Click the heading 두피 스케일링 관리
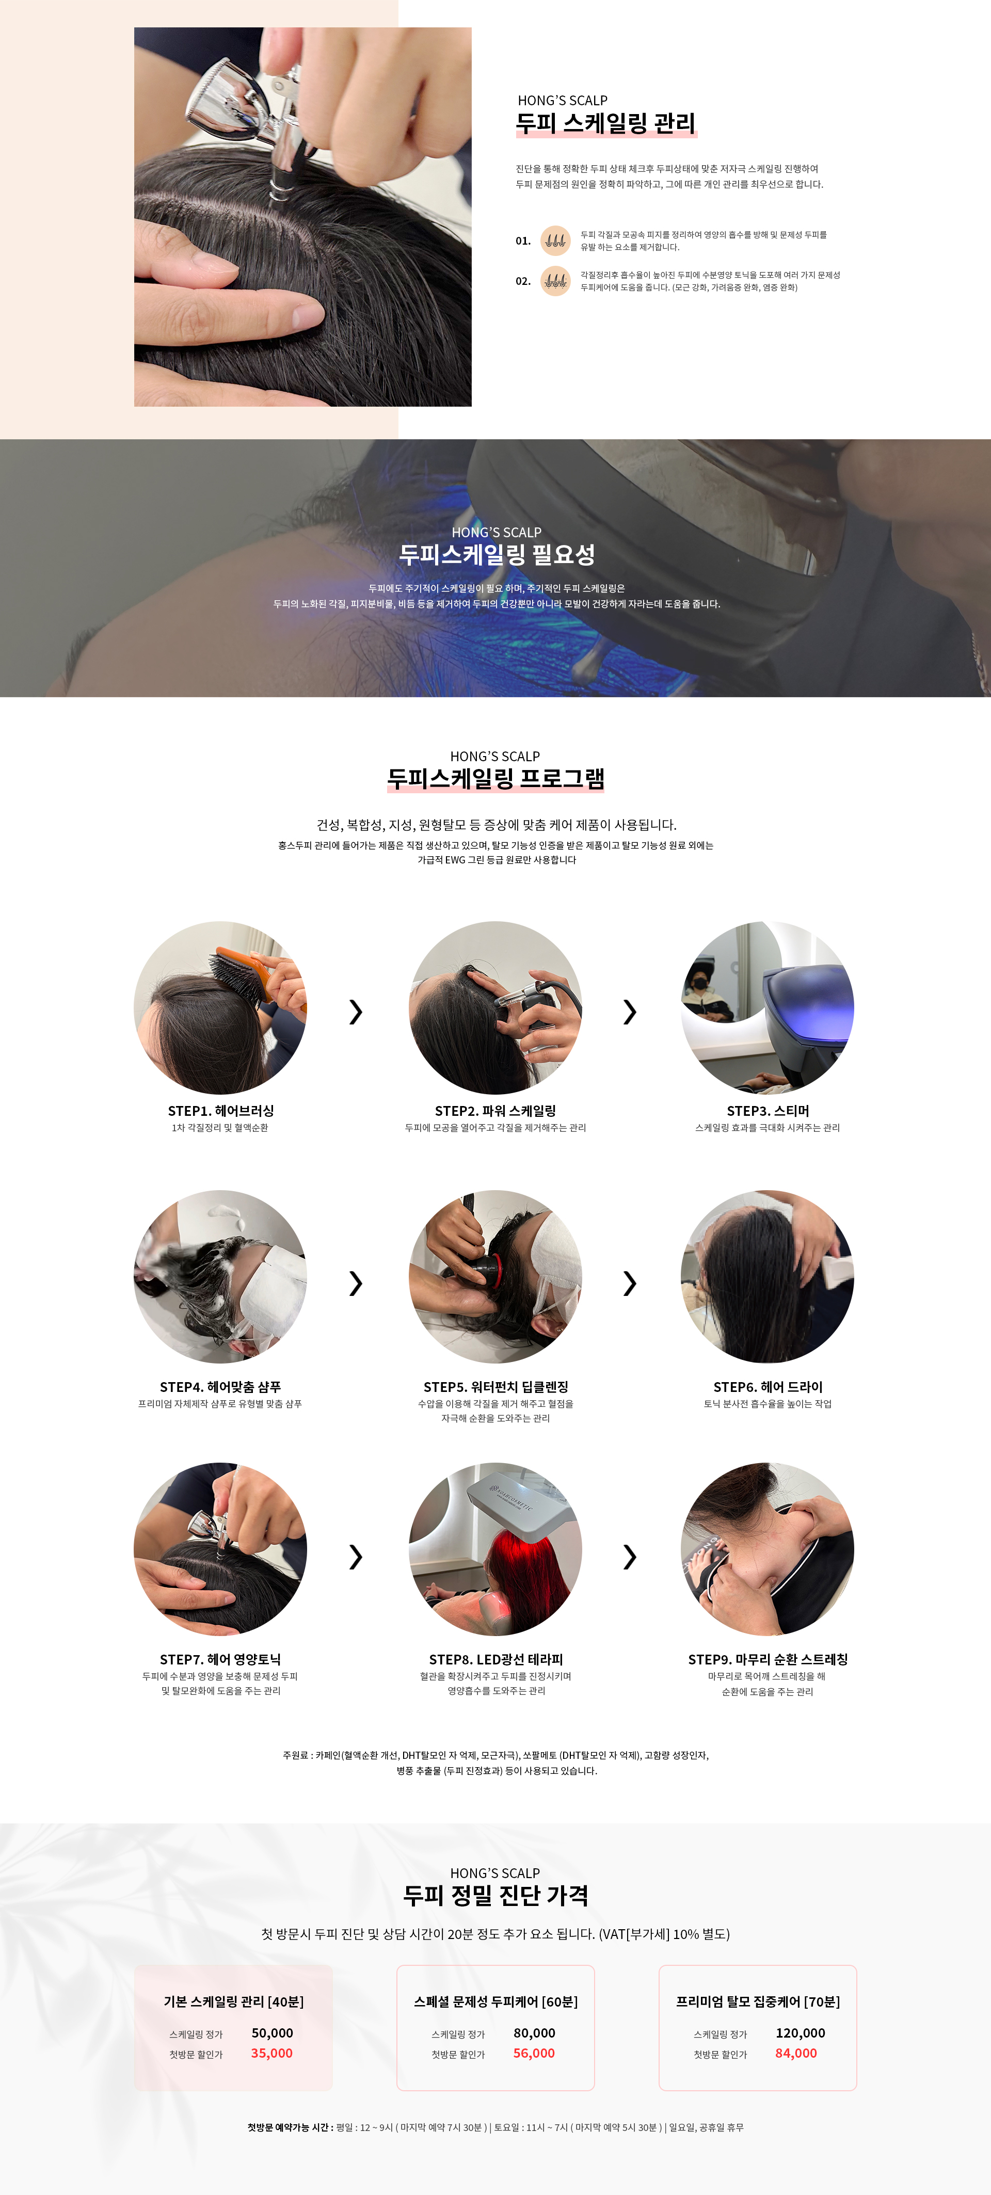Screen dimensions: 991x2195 click(x=606, y=123)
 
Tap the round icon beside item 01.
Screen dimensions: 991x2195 click(x=555, y=241)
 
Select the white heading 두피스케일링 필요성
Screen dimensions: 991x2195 click(x=497, y=555)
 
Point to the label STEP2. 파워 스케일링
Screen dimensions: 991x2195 click(x=495, y=1111)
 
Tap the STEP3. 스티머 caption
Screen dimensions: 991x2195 click(x=768, y=1111)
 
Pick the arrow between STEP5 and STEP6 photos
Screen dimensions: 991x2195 click(x=630, y=1283)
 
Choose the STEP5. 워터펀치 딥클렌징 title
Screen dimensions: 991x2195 click(x=495, y=1387)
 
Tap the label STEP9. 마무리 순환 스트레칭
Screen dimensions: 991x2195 click(x=768, y=1660)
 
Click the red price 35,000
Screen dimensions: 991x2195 click(x=272, y=2054)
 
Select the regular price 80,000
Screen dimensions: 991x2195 click(x=534, y=2033)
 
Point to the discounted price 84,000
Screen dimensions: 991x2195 click(x=796, y=2054)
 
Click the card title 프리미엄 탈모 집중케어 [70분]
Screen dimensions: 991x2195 click(x=758, y=2001)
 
